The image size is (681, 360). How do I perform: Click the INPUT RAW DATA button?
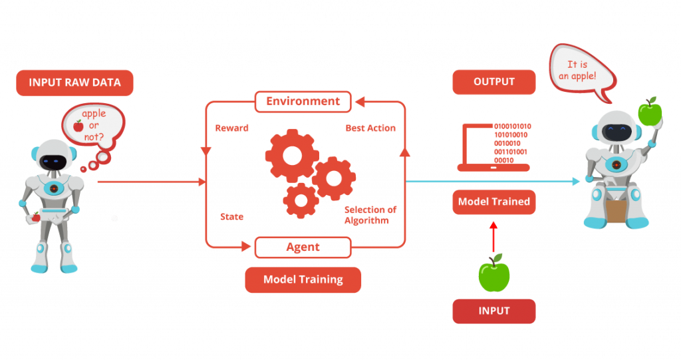[x=74, y=83]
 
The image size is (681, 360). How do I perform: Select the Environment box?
[x=303, y=101]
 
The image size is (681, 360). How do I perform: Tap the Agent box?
[x=303, y=247]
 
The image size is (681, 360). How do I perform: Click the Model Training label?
[x=303, y=279]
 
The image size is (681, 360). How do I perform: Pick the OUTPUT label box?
[x=494, y=82]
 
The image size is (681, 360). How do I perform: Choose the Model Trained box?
[x=494, y=202]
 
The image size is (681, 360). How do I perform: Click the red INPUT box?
[x=494, y=311]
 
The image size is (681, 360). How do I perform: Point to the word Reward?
[x=232, y=128]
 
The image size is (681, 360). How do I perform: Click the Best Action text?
[x=370, y=128]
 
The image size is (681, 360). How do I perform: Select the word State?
[x=231, y=216]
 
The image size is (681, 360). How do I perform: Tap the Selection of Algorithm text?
[x=370, y=215]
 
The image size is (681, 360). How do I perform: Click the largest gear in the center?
[x=292, y=155]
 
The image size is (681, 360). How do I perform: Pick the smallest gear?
[x=301, y=200]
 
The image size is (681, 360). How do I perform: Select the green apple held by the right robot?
[x=650, y=112]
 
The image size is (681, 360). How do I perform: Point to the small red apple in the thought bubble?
[x=78, y=126]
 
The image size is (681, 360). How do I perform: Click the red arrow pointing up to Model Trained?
[x=493, y=237]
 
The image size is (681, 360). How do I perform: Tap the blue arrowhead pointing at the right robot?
[x=577, y=181]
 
